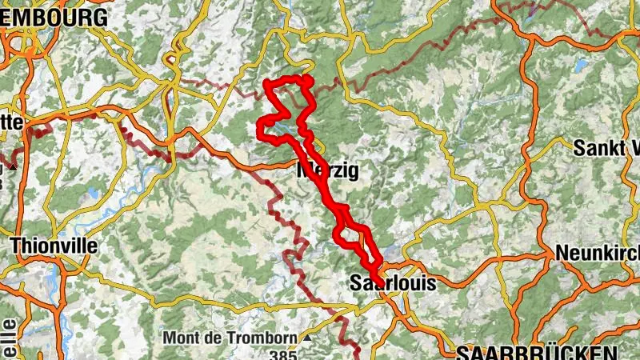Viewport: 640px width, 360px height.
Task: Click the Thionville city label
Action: (54, 246)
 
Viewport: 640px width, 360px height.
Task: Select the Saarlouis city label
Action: (393, 283)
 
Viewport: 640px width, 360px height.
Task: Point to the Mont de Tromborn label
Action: (230, 338)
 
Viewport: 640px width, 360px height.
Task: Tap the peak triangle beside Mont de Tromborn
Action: (307, 338)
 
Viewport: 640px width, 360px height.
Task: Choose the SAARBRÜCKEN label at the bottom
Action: (537, 353)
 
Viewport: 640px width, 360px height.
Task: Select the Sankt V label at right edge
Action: (607, 148)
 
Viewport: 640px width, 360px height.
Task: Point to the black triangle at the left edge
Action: (12, 167)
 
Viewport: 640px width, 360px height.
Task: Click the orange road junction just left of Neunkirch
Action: (554, 258)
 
